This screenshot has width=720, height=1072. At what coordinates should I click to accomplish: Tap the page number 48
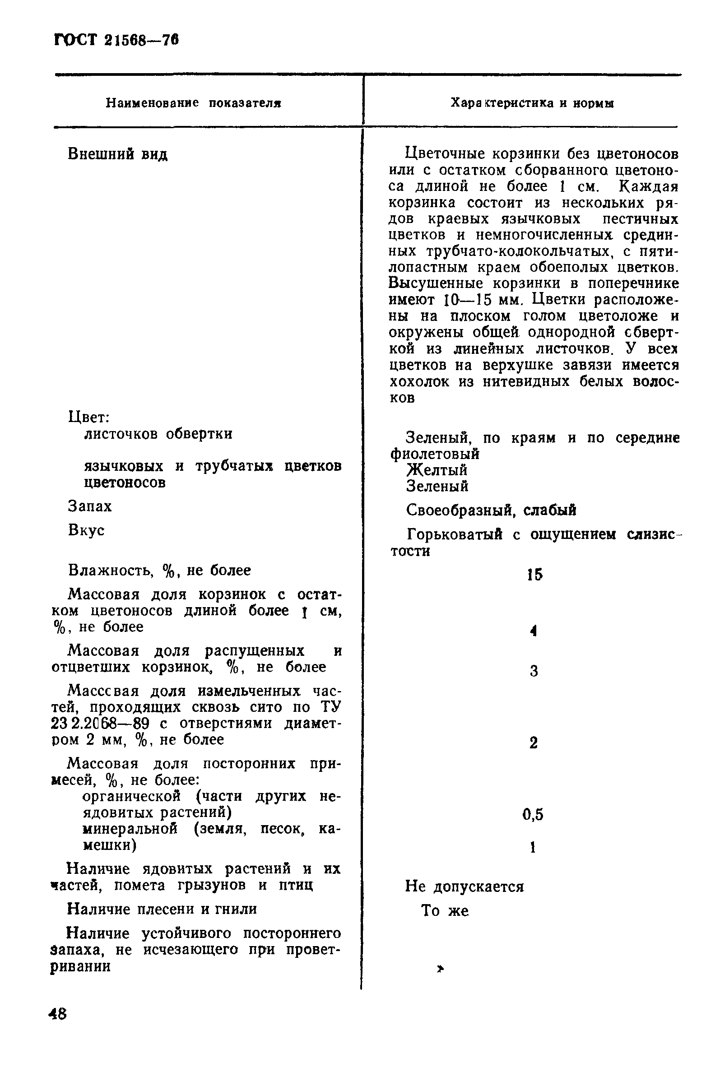(x=58, y=1013)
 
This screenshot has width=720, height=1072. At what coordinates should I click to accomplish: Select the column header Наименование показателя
(x=193, y=103)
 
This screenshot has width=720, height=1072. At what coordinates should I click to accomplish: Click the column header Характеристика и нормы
(x=532, y=103)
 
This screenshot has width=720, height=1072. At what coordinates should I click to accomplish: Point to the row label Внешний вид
(x=117, y=154)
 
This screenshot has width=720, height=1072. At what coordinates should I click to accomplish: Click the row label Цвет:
(x=88, y=417)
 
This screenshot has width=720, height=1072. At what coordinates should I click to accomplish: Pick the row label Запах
(x=89, y=506)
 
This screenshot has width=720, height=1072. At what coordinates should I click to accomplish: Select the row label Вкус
(x=86, y=530)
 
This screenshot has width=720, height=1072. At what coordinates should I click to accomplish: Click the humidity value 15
(x=534, y=574)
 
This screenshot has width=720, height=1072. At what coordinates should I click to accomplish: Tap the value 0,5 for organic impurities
(x=533, y=814)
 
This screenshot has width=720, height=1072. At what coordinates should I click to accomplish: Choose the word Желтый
(x=437, y=470)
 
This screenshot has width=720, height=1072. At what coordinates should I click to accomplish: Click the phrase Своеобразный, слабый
(x=491, y=510)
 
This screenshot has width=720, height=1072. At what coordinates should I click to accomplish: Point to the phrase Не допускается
(x=464, y=886)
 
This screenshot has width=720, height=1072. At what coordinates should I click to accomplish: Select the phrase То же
(x=445, y=910)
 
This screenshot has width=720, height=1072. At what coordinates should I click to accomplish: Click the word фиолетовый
(x=434, y=454)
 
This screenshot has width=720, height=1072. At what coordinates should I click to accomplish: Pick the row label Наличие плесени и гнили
(x=162, y=909)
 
